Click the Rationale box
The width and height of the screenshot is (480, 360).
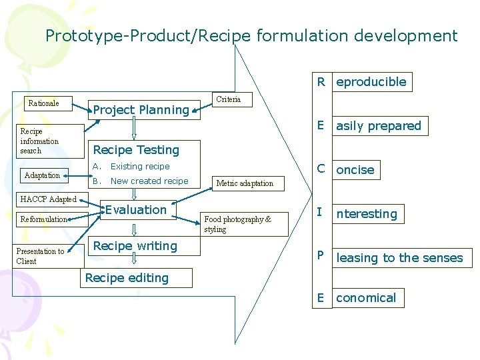[43, 103]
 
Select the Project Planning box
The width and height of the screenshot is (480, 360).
[141, 110]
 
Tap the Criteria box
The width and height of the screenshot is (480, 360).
[229, 99]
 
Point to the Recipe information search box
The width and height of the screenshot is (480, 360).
[39, 141]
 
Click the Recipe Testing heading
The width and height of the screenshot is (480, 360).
[136, 150]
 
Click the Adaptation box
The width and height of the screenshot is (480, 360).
[42, 175]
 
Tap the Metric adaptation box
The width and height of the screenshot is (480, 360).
[245, 183]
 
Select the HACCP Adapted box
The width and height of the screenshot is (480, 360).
[48, 199]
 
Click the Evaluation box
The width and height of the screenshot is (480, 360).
[136, 210]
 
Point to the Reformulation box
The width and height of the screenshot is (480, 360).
[44, 219]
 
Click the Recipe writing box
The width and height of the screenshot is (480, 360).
[135, 246]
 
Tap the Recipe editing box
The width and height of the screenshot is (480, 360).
[127, 278]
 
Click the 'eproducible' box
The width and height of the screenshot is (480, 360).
[371, 82]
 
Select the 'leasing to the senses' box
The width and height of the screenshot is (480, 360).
[399, 258]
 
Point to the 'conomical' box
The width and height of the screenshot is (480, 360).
[366, 298]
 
